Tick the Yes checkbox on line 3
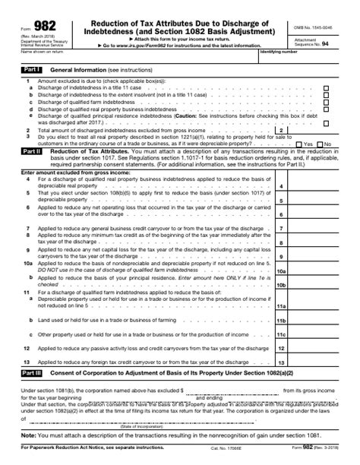pos(298,144)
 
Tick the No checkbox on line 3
pos(320,144)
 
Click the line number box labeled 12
pos(281,349)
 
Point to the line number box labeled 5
pos(281,201)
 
